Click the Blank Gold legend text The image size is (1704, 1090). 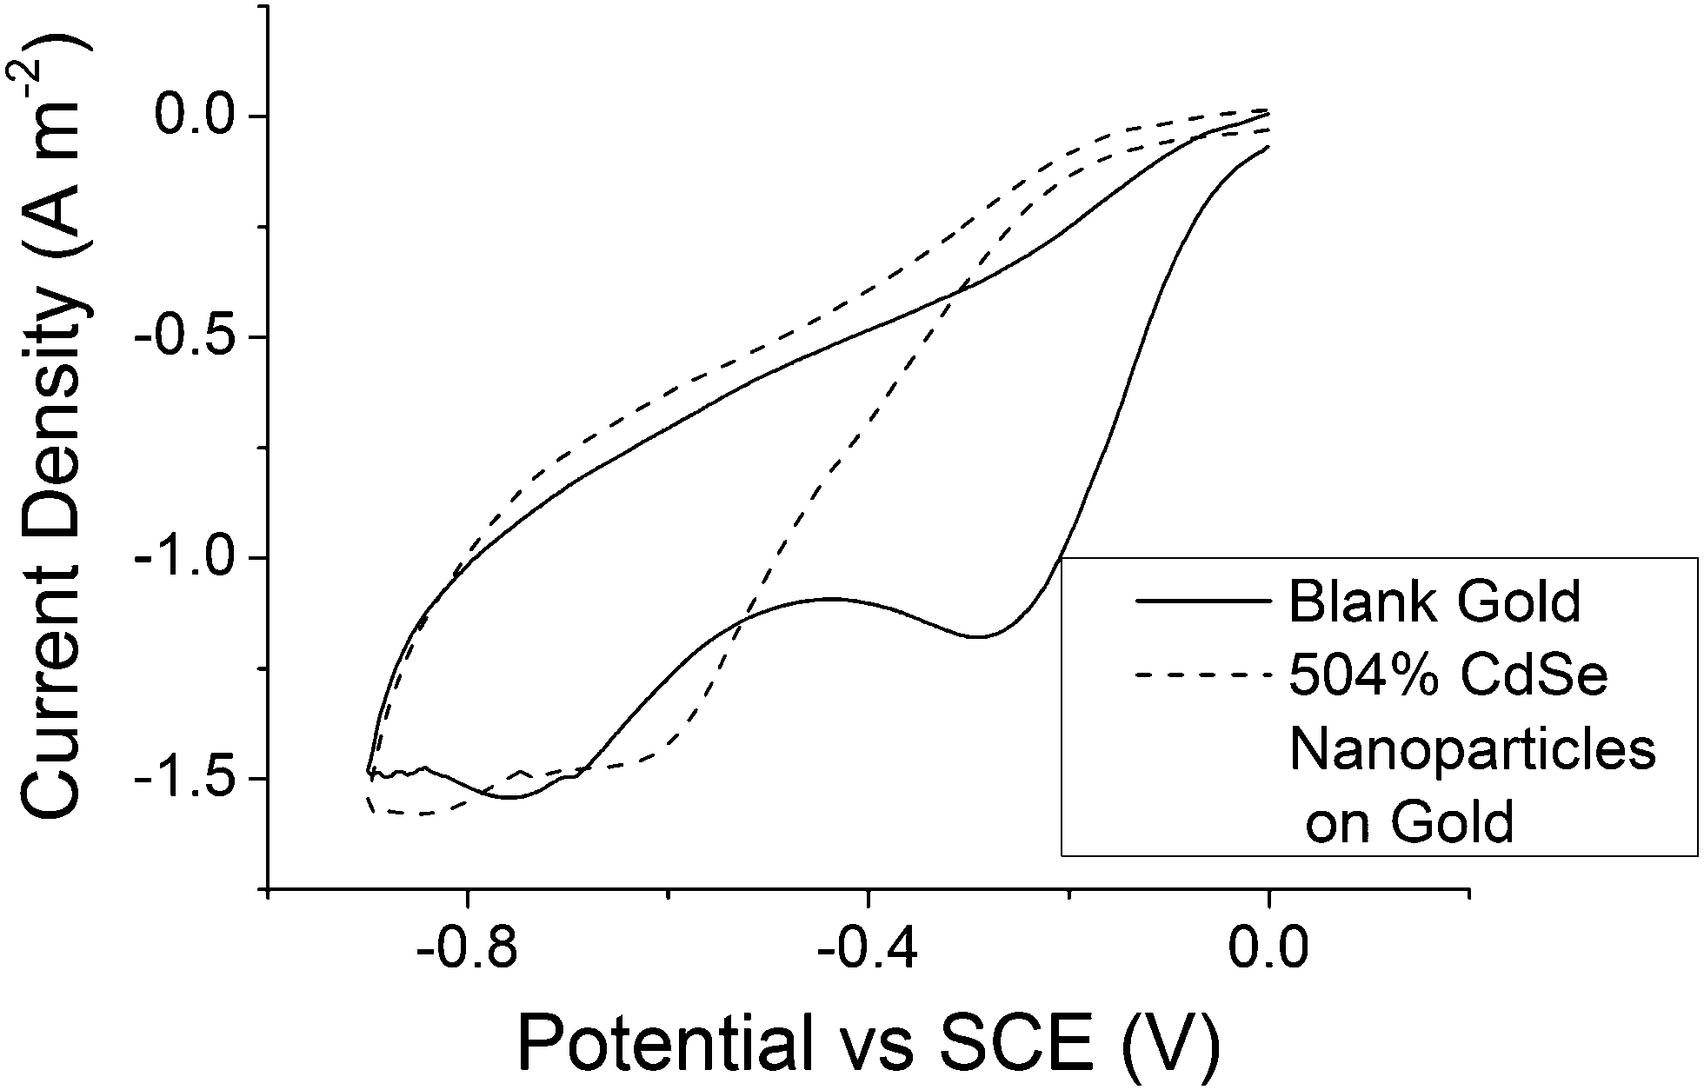click(1434, 601)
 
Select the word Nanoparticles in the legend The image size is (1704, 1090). click(1472, 749)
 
